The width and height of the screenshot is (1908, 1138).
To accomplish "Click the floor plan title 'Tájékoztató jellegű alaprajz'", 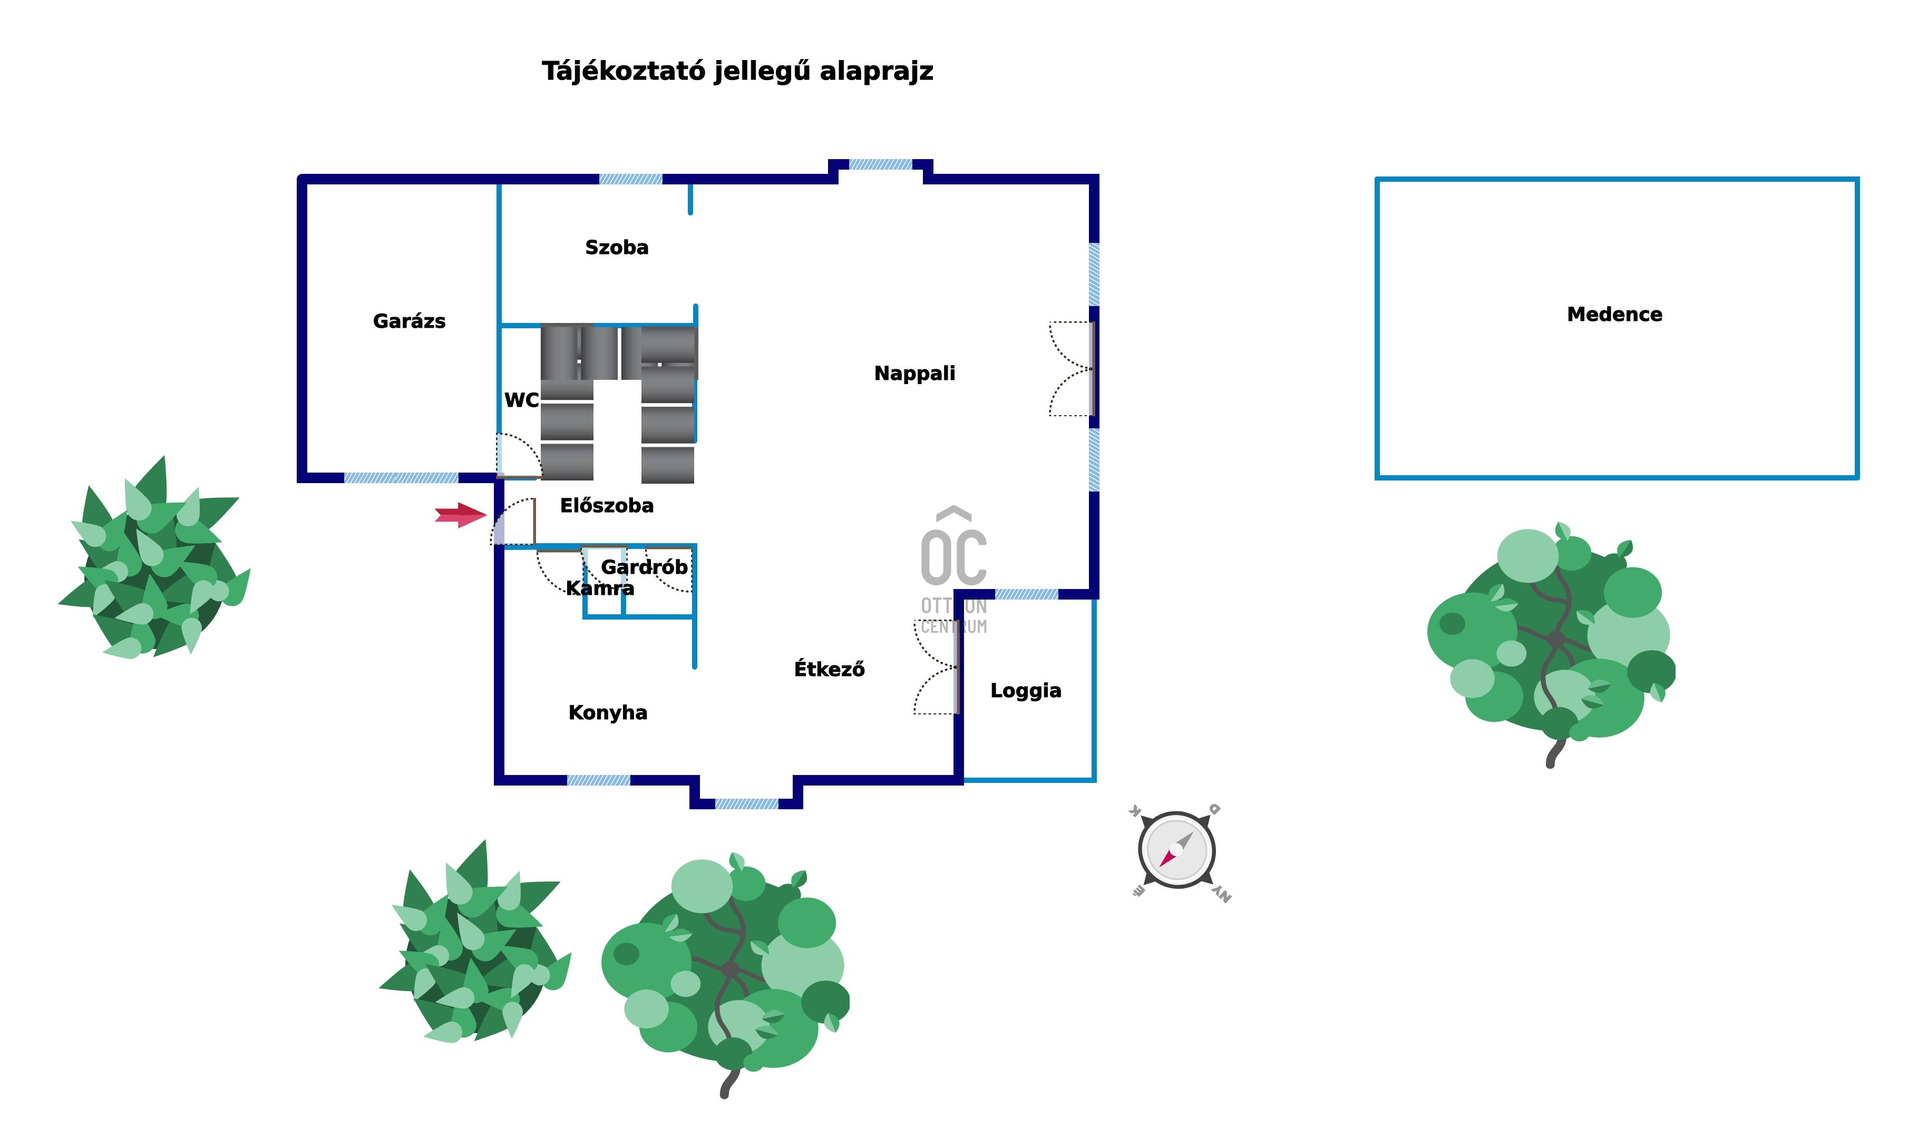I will (x=737, y=71).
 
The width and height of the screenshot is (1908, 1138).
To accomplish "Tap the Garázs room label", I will (x=409, y=321).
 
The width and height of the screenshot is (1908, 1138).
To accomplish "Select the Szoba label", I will (x=617, y=248).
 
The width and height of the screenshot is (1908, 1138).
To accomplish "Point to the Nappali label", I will (x=914, y=374).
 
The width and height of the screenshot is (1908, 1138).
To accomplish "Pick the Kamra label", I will (x=600, y=589).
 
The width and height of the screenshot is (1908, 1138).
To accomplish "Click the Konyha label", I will (x=608, y=713).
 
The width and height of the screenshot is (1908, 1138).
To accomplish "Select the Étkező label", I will (x=829, y=670).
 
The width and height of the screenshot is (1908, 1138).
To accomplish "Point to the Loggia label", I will (x=1026, y=691).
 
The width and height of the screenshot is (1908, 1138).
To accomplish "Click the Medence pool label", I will (x=1614, y=315).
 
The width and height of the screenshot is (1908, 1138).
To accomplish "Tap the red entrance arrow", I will (x=460, y=515).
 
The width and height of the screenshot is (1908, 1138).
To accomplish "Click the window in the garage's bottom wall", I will (x=401, y=478).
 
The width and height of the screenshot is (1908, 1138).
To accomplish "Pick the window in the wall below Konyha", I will (x=598, y=781).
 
